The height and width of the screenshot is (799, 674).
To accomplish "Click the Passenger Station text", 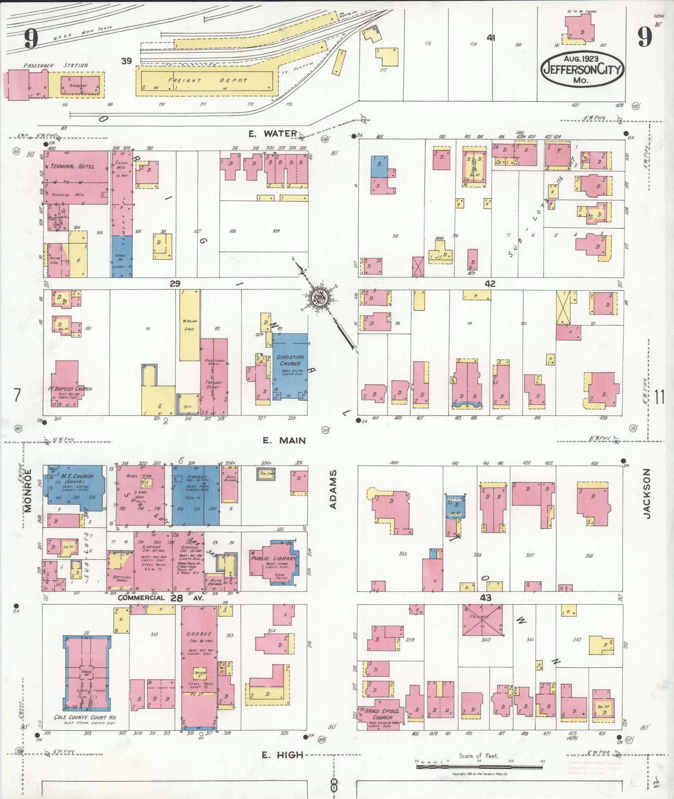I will coord(56,66).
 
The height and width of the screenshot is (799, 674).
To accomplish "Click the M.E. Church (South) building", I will coord(74,487).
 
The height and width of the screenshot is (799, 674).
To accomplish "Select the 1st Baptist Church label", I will coord(72,389).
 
